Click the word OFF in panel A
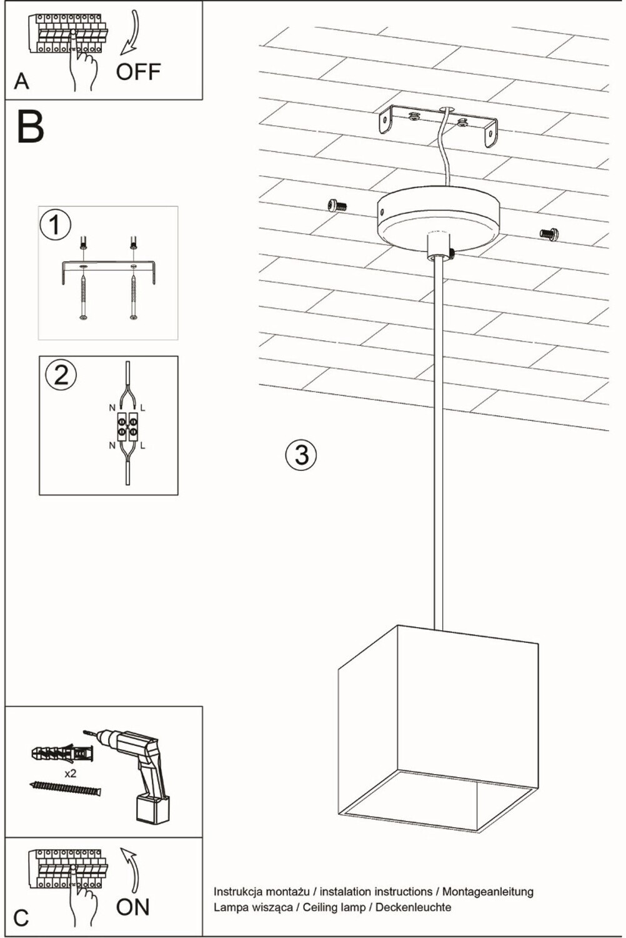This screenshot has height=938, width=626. point(138,72)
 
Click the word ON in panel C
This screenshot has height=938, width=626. point(133,907)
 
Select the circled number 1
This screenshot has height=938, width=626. point(55,224)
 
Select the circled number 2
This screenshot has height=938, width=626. point(61,375)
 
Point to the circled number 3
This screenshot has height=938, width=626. point(301,455)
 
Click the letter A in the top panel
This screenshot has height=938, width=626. point(21,81)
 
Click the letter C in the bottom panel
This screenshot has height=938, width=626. point(21,918)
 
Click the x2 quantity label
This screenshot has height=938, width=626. point(71,774)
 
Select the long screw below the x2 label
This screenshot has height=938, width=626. point(65,789)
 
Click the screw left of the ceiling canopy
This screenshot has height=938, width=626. point(337,204)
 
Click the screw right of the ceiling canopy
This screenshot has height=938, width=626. point(549,234)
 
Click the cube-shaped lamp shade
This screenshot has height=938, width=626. point(437,725)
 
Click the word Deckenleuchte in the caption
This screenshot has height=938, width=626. point(413,907)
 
